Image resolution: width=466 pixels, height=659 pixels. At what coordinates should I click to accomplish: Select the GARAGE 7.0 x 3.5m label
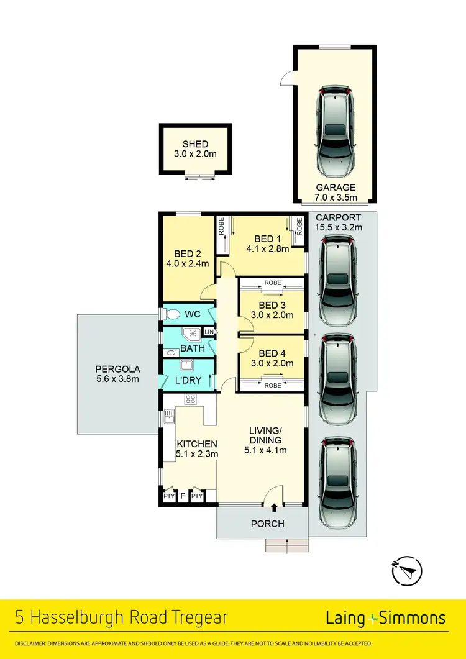[335, 192]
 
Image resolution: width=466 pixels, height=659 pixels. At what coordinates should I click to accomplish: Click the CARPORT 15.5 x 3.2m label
[338, 222]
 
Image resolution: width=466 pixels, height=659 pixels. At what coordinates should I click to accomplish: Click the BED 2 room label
[187, 253]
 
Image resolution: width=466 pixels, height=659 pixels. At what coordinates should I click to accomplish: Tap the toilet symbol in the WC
[171, 314]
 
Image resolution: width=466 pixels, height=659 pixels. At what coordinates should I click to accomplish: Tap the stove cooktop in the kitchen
[191, 399]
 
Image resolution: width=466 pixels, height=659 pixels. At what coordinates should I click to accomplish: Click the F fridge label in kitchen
[183, 496]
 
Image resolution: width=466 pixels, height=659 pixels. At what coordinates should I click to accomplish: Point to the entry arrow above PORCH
[274, 508]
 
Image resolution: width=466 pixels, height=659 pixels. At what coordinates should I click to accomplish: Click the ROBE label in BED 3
[272, 283]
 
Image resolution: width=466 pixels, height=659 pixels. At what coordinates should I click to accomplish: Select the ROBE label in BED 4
[272, 385]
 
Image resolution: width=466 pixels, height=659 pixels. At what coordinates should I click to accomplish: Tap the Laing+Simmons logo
[385, 617]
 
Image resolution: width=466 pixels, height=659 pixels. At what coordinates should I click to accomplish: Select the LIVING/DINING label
[266, 435]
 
